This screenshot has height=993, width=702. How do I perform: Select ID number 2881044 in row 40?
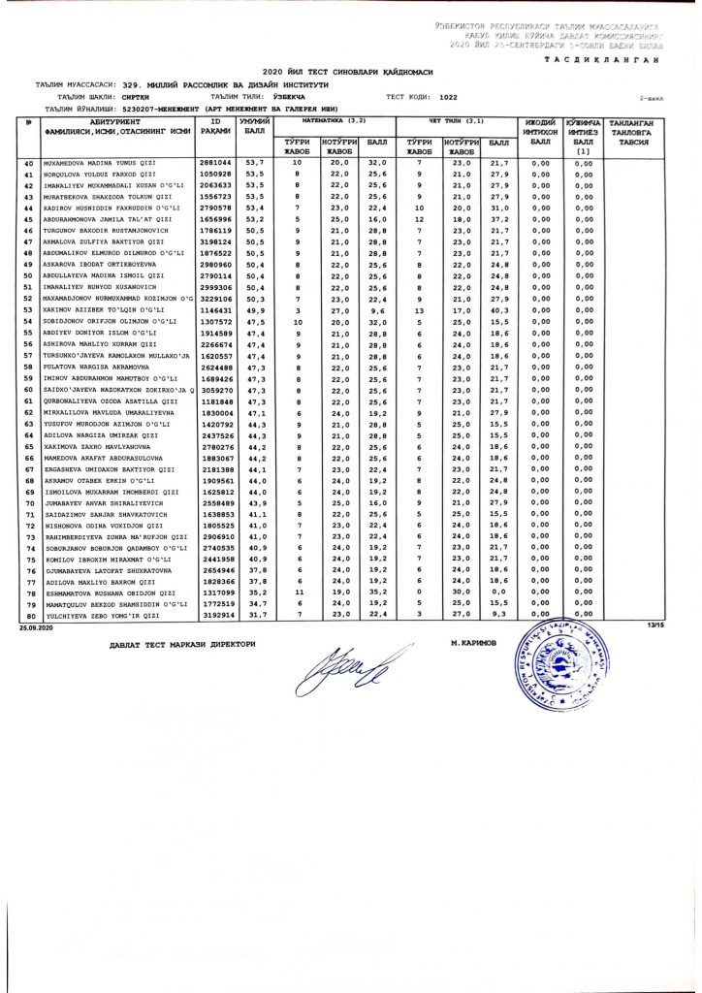214,163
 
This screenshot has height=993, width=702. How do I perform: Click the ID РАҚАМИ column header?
214,128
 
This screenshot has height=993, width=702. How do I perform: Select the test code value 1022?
448,98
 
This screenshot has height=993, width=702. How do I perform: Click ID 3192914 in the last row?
214,616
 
